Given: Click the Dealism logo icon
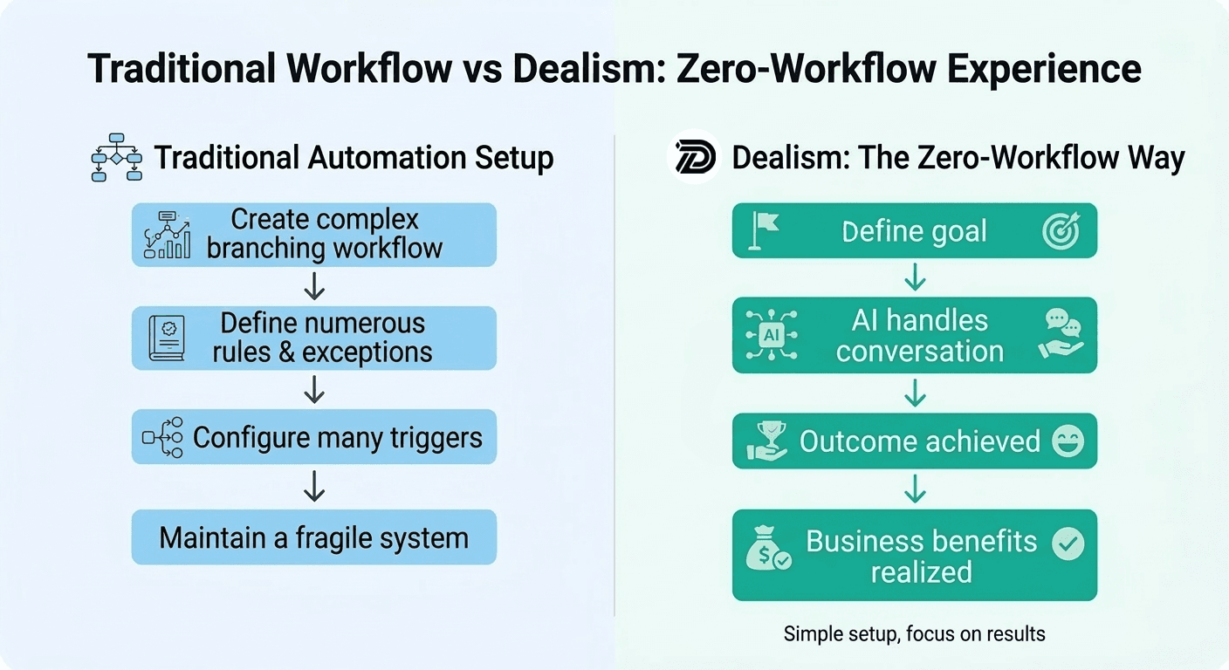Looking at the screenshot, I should pos(694,157).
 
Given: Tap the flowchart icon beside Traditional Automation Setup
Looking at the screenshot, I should pos(116,157).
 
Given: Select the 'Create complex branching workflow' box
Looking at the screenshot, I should pos(313,234).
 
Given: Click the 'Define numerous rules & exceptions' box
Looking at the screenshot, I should pos(313,338).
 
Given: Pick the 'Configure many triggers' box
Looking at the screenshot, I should pos(313,437).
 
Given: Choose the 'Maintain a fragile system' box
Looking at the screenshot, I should pos(313,537).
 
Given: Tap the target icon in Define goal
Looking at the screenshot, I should pos(1061,230).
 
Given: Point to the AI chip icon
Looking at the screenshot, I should pos(771,335).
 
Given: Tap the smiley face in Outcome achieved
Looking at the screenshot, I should pos(1068,441).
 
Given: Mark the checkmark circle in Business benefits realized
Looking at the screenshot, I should pos(1068,544).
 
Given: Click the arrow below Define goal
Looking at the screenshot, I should pos(914,277).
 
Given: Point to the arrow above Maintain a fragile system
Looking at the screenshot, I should pos(313,487).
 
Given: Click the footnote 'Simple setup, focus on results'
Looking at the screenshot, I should pos(914,633).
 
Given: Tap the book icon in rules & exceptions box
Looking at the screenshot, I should pos(167,338).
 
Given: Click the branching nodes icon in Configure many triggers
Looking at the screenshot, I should pos(163,437).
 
